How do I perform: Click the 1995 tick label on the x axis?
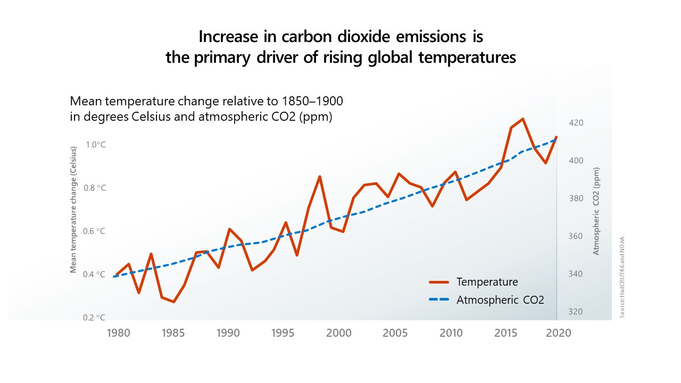(283, 333)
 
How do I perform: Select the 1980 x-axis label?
(116, 333)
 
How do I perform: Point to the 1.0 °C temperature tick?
(96, 145)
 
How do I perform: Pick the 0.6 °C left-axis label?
(96, 231)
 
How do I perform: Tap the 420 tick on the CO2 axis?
(576, 123)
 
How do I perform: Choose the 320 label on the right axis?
(576, 312)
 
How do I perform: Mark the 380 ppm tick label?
(576, 198)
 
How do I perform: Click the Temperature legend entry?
(487, 282)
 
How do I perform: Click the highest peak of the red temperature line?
(523, 119)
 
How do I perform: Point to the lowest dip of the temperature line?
(173, 302)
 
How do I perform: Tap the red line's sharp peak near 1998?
(319, 176)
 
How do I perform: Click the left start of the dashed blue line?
(114, 277)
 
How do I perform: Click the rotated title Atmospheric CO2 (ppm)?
(596, 211)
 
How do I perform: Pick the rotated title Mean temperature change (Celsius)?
(73, 210)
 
